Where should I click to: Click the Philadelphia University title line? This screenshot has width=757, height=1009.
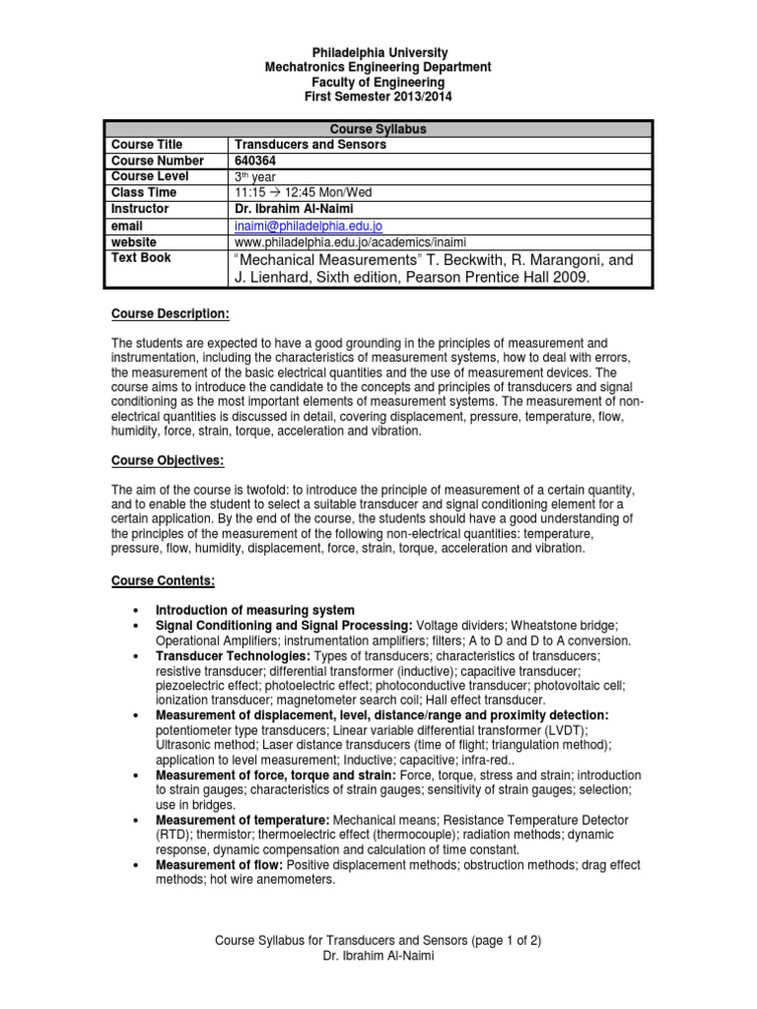coord(379,51)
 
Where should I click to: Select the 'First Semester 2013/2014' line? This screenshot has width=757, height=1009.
coord(379,99)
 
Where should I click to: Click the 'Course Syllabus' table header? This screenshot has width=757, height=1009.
coord(379,129)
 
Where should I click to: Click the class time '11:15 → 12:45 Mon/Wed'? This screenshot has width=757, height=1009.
coord(303,192)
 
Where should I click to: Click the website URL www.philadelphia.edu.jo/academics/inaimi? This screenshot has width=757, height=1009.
coord(350,241)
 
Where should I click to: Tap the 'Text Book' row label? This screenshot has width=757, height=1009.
coord(141,257)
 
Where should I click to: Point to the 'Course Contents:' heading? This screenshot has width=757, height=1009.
coord(163,581)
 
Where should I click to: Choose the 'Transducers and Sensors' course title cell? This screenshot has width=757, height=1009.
coord(310,145)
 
